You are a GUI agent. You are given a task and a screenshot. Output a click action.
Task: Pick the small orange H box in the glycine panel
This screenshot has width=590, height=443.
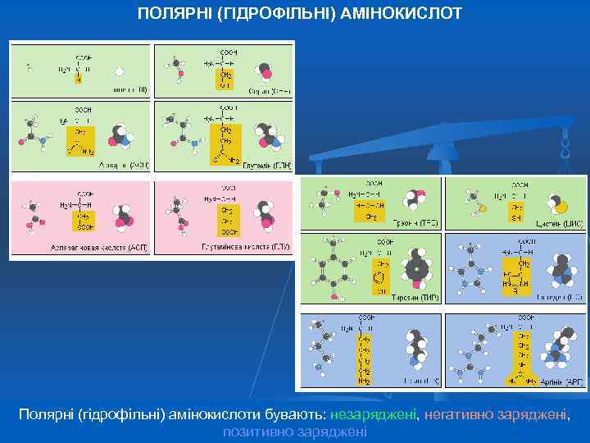tap(79, 79)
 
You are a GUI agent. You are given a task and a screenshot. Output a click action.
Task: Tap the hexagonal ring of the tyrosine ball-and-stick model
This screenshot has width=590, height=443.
tap(333, 266)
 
